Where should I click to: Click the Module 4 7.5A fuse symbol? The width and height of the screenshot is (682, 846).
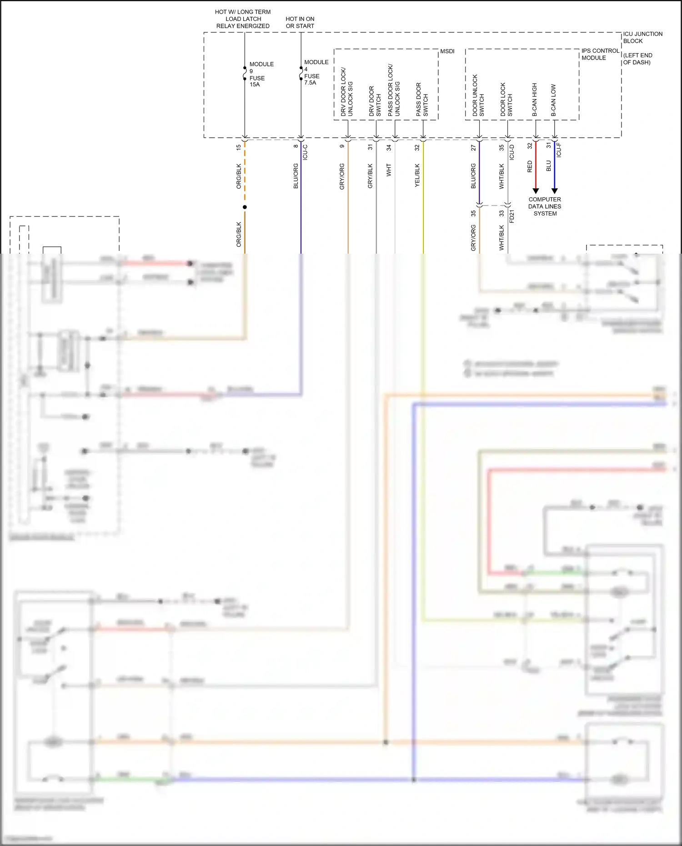pyautogui.click(x=301, y=73)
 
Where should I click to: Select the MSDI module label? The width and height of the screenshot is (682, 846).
pyautogui.click(x=447, y=51)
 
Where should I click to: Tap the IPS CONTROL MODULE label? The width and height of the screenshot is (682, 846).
pyautogui.click(x=600, y=54)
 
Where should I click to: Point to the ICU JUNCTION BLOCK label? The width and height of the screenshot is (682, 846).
pyautogui.click(x=642, y=37)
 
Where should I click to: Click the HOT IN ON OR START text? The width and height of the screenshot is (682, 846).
pyautogui.click(x=300, y=22)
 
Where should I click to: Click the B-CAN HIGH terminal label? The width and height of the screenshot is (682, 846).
pyautogui.click(x=535, y=99)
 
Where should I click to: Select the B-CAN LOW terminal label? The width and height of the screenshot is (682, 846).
pyautogui.click(x=553, y=100)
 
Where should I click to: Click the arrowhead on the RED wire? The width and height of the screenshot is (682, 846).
pyautogui.click(x=536, y=191)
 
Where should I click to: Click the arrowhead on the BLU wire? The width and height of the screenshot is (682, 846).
pyautogui.click(x=554, y=191)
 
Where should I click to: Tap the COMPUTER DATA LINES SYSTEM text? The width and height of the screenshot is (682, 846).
pyautogui.click(x=545, y=206)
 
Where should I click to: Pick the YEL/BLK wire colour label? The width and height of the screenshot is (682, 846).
pyautogui.click(x=417, y=175)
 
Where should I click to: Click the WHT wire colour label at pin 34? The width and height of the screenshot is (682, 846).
pyautogui.click(x=389, y=170)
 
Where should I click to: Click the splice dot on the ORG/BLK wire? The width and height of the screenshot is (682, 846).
pyautogui.click(x=245, y=207)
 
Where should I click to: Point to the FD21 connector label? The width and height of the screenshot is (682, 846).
pyautogui.click(x=512, y=216)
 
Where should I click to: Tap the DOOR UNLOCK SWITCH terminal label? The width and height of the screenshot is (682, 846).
pyautogui.click(x=478, y=95)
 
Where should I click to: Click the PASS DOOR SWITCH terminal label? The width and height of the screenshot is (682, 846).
pyautogui.click(x=422, y=99)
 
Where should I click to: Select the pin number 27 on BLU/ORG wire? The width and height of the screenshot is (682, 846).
pyautogui.click(x=473, y=148)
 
